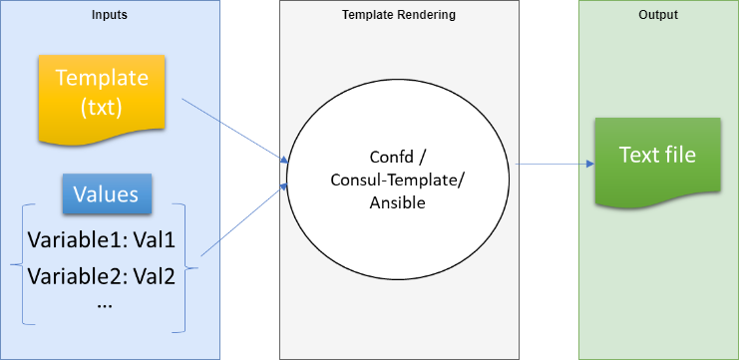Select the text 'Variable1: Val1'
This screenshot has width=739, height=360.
pyautogui.click(x=101, y=240)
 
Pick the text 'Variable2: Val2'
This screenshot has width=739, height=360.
pyautogui.click(x=101, y=276)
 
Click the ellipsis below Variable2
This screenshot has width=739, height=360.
pyautogui.click(x=104, y=304)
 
